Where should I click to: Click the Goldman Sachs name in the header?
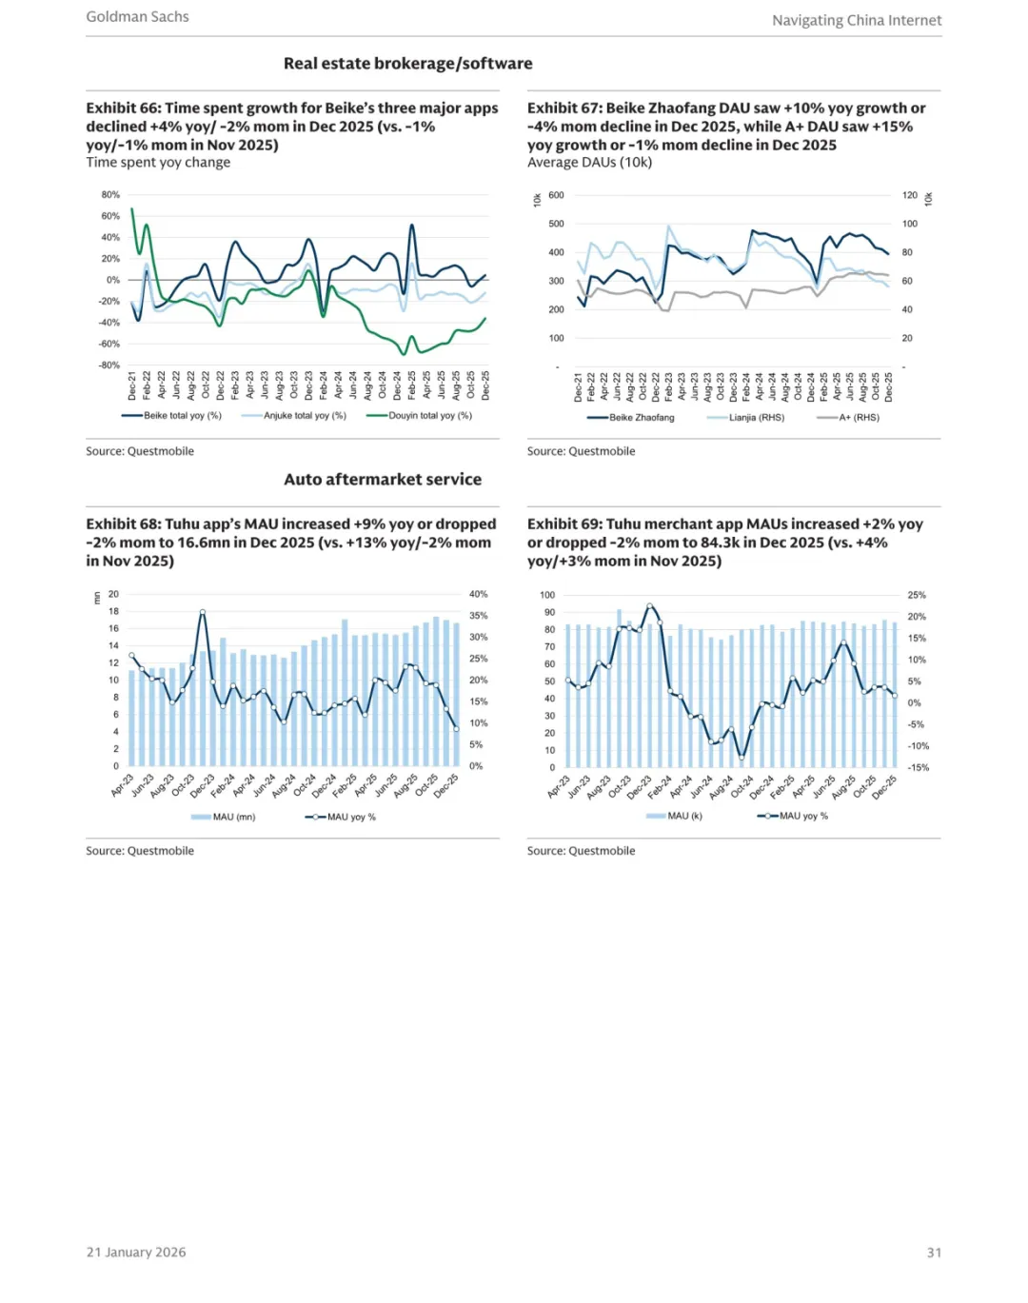(x=137, y=16)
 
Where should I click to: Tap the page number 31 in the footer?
(x=934, y=1253)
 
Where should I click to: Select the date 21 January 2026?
(x=136, y=1253)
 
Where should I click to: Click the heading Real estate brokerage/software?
(x=407, y=64)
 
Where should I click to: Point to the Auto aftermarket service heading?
(x=383, y=480)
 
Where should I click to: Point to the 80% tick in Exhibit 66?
(x=110, y=195)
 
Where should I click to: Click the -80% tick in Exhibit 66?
(x=109, y=365)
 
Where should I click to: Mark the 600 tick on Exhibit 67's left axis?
(x=556, y=195)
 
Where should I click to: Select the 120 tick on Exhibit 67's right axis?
(x=910, y=195)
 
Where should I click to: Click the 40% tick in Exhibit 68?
(x=478, y=594)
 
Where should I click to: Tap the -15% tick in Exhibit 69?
(x=918, y=767)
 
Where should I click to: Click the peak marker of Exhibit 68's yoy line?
(x=203, y=612)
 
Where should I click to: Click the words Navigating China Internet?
(x=857, y=20)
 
